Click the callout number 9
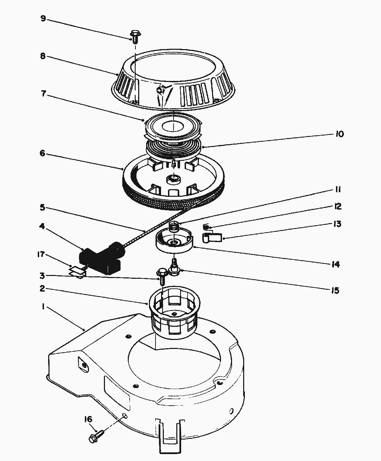43,19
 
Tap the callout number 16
88,419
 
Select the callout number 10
340,134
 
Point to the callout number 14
336,264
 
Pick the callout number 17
41,254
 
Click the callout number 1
43,307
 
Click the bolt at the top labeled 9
135,37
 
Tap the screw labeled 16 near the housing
96,436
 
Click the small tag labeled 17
77,272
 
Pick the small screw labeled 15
175,268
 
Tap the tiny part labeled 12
206,227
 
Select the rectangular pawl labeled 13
212,238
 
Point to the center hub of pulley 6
174,179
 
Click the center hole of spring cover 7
173,127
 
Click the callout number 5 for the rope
43,207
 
